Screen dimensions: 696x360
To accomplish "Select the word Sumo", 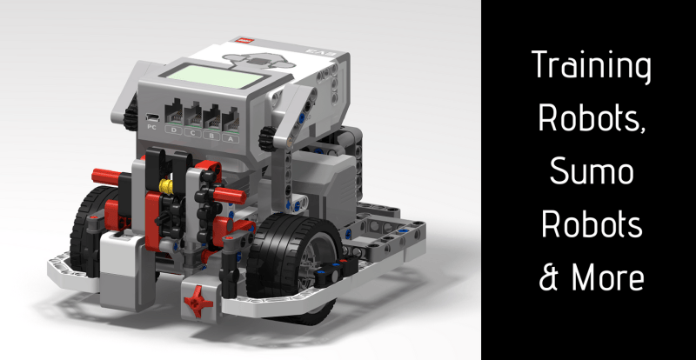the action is click(592, 173).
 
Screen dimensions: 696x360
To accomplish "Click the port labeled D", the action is click(173, 115).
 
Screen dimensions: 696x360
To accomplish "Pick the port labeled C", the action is click(192, 117).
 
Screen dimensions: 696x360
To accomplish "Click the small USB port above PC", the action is click(152, 117).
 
